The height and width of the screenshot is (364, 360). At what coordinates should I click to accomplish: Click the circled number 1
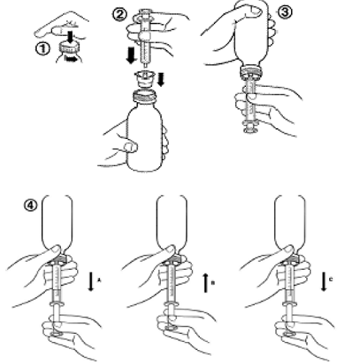tap(43, 49)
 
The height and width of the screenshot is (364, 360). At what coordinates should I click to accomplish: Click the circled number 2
tap(120, 15)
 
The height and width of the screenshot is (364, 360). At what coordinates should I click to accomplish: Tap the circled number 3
tap(285, 12)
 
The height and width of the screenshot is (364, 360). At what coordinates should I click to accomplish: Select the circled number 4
tap(31, 205)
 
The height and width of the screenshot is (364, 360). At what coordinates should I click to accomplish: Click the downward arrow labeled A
tap(91, 281)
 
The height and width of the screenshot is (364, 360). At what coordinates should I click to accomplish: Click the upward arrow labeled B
tap(206, 283)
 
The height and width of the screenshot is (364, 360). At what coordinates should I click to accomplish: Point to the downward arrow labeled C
tap(324, 281)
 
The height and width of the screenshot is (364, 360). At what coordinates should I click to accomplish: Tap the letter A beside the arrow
tap(99, 279)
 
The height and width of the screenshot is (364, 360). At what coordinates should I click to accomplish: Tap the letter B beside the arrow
tap(213, 283)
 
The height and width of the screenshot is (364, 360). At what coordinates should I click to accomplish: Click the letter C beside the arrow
tap(331, 279)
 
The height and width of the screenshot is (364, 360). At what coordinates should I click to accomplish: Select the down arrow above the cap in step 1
tap(71, 37)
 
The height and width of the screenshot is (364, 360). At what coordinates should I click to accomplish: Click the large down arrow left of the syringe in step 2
tap(132, 55)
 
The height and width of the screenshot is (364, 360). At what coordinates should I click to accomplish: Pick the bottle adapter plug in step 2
tap(145, 79)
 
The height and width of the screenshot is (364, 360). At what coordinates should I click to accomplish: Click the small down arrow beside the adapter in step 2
tap(161, 79)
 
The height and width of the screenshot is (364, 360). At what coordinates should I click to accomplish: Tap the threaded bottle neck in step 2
tap(144, 96)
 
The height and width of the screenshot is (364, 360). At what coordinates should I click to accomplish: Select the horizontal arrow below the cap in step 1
tap(72, 59)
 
